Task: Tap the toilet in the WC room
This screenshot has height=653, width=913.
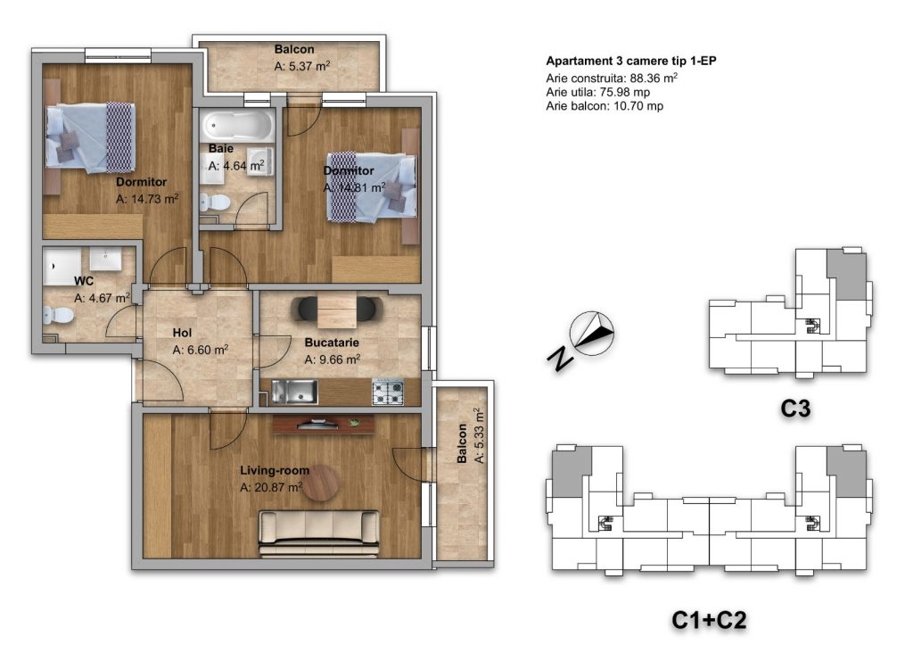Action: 58,316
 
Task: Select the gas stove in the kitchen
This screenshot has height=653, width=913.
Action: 388,392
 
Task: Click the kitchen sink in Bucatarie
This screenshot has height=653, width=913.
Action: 294,392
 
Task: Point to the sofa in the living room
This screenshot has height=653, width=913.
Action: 318,533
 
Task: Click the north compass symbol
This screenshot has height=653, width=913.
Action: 592,334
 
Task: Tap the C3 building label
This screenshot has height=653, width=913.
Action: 795,409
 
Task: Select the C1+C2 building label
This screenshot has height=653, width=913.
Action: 709,620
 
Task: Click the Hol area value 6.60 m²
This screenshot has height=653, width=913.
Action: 201,350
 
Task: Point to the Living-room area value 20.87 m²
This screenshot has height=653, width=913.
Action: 271,487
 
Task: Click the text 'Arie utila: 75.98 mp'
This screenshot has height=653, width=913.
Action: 598,92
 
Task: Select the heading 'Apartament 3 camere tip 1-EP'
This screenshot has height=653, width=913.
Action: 631,61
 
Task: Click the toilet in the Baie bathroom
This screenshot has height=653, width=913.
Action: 215,203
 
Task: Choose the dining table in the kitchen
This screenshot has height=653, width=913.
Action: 337,310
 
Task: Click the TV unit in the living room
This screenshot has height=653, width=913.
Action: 323,425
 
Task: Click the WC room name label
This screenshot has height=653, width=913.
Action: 84,281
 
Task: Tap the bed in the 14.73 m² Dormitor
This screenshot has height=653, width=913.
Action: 91,138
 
